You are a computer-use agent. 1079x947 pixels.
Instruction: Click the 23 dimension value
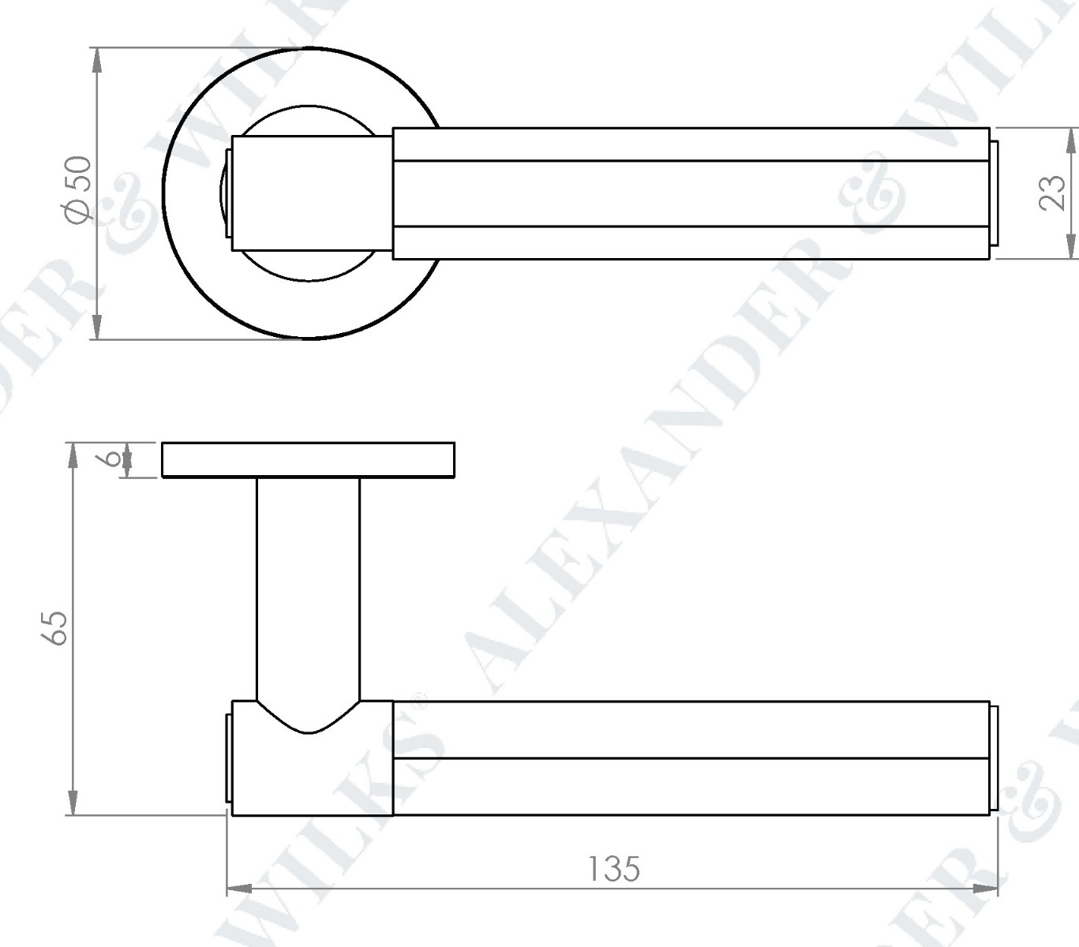1051,193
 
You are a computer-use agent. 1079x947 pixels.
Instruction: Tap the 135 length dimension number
613,868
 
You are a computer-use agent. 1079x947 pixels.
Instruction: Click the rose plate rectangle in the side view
308,460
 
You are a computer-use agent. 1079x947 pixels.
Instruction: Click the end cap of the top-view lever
995,193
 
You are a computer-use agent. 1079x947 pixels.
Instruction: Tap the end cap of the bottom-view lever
995,758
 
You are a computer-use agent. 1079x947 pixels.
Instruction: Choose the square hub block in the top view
312,193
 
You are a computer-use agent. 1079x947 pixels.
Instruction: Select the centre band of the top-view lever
691,193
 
